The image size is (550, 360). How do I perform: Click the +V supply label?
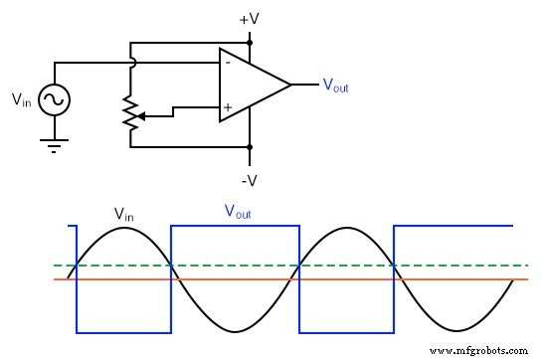[250, 19]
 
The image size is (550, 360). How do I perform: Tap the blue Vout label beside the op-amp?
[335, 86]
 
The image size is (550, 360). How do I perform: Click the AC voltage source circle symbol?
[52, 99]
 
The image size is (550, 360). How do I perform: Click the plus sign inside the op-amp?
[230, 105]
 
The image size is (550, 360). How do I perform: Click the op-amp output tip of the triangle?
[290, 85]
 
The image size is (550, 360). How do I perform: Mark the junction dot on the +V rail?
[250, 44]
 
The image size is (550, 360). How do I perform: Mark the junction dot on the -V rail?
[250, 147]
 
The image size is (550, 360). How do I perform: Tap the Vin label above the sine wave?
[123, 213]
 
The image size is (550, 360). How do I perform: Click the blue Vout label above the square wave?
[237, 211]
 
